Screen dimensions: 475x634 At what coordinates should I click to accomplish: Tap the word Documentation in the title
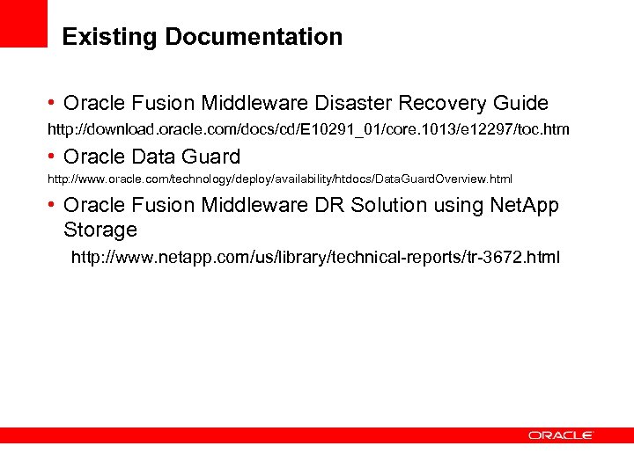254,37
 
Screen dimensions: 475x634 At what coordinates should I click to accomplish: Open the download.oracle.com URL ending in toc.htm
308,129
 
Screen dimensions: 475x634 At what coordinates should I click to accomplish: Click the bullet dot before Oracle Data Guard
53,157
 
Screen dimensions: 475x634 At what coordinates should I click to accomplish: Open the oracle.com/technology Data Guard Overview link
279,179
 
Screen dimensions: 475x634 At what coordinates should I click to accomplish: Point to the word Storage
100,230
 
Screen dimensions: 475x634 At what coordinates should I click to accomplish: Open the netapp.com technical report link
314,258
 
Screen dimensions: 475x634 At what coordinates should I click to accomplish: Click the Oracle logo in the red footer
561,435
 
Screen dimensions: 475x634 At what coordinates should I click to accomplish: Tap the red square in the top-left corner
23,23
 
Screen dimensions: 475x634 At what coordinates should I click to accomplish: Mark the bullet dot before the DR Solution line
53,205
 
